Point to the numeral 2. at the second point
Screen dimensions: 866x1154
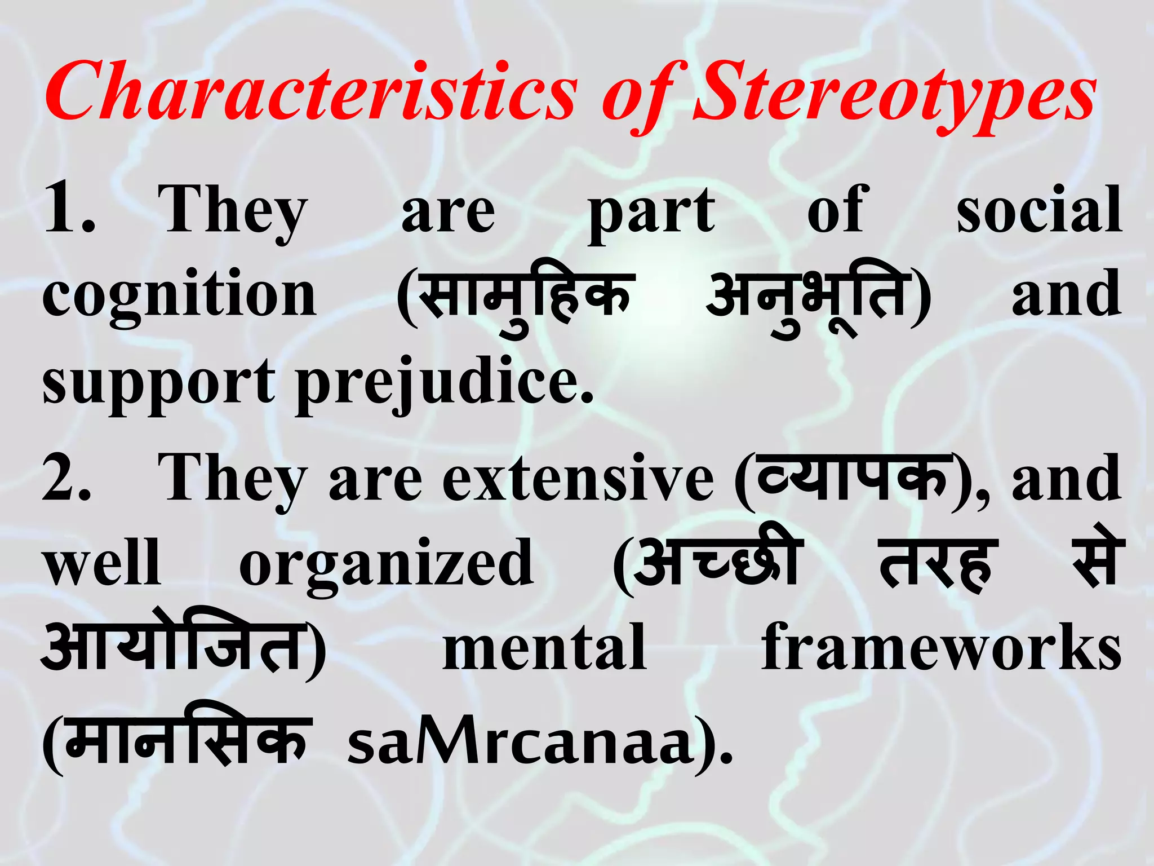click(x=66, y=478)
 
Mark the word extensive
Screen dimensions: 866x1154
click(x=578, y=478)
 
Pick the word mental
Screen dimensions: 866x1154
click(x=544, y=648)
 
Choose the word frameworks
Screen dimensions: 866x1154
click(x=941, y=648)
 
